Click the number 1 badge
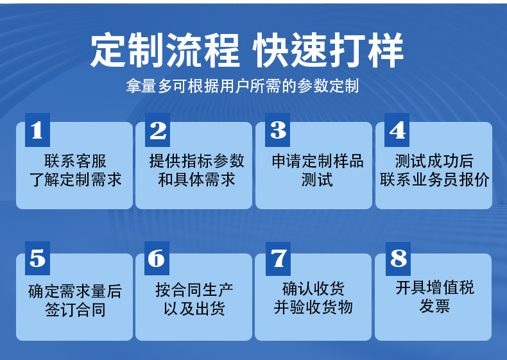37,130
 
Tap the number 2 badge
157,130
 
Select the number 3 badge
277,130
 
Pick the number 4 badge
397,130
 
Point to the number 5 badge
37,258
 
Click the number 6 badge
157,258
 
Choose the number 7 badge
277,258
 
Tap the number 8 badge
398,258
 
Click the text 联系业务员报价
434,179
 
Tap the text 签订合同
75,310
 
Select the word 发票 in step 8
434,306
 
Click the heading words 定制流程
165,51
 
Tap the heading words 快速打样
329,51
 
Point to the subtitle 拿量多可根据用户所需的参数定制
242,86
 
